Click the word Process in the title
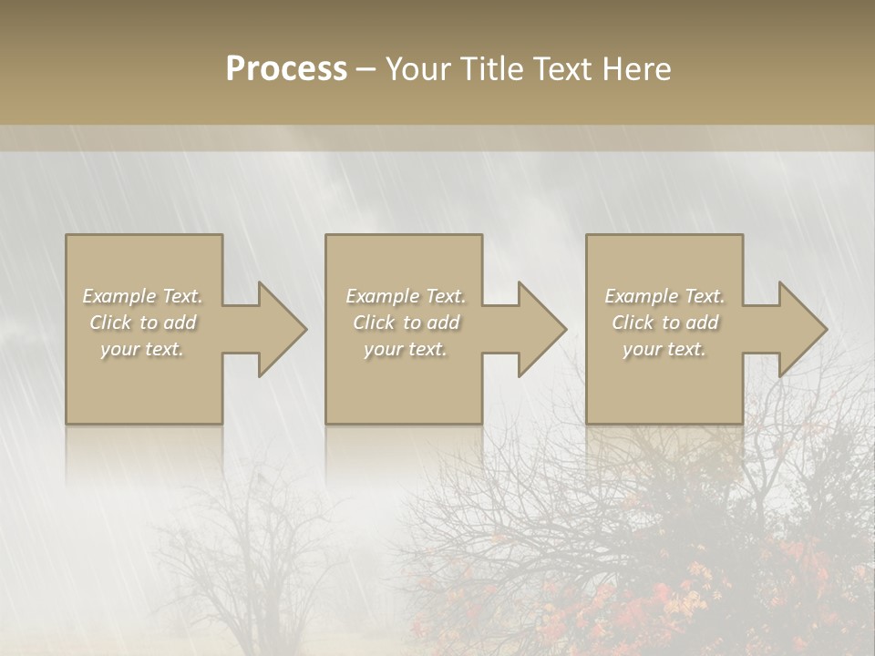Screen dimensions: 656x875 286,69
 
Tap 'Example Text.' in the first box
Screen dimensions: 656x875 142,296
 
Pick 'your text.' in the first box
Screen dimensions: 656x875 142,349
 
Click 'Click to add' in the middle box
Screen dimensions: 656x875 406,323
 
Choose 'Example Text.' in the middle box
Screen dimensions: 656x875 406,296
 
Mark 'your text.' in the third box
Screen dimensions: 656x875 664,349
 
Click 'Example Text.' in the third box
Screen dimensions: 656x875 664,296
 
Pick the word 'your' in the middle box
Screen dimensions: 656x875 383,349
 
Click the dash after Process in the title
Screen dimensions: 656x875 366,70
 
